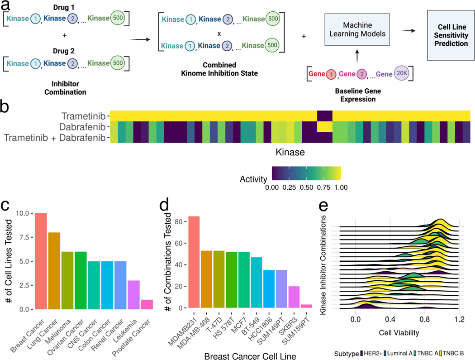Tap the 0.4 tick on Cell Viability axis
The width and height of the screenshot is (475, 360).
(390, 319)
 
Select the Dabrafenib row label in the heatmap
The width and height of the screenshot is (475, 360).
(83, 127)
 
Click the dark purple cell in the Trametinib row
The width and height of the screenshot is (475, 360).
(324, 115)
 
